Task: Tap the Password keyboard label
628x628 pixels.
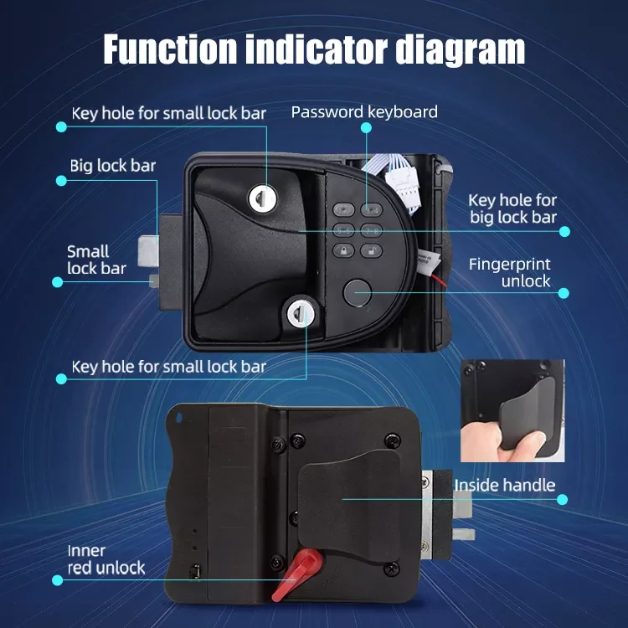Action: tap(364, 112)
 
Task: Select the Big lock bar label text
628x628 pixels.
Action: tap(112, 166)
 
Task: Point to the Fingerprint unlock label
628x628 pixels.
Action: tap(509, 272)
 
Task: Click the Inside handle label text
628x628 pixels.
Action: tap(505, 485)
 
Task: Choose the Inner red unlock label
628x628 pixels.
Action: tap(106, 559)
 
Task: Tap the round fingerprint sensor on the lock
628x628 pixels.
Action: tap(356, 292)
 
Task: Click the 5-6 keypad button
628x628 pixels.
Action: tap(343, 231)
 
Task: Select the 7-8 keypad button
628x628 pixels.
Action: tap(371, 231)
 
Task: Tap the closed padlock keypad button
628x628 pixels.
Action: tap(343, 251)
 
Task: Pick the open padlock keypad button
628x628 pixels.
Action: tap(371, 251)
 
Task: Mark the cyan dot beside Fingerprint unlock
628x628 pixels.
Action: tap(564, 293)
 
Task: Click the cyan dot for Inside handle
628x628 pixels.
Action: tap(563, 499)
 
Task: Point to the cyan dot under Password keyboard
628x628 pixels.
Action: tap(366, 128)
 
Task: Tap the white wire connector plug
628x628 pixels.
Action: tap(401, 182)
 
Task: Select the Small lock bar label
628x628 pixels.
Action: tap(96, 260)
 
